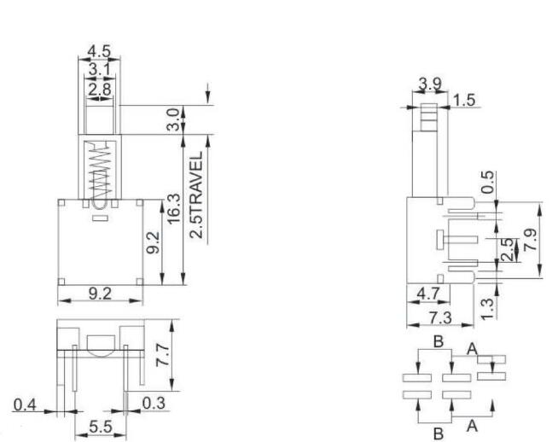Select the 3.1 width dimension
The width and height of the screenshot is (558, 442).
[99, 68]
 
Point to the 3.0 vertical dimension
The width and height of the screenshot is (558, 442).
[173, 119]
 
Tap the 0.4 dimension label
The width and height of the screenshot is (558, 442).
[27, 404]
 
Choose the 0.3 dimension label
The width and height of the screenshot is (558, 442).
[154, 402]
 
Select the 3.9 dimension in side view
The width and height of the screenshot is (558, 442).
[430, 84]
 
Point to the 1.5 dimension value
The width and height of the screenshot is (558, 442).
[464, 101]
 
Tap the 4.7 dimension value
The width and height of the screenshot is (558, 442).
[427, 295]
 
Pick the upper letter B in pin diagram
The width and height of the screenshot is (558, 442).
[438, 342]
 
